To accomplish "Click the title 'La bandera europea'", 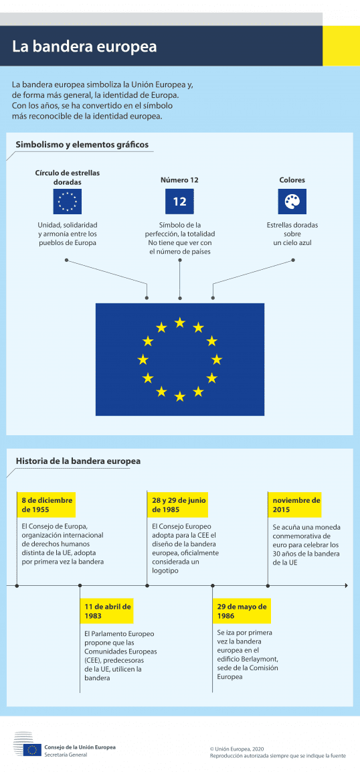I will tap(84, 47).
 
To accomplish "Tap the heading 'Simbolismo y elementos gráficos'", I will tap(82, 145).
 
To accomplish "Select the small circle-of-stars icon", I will tap(67, 202).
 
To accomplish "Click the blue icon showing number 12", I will tap(179, 202).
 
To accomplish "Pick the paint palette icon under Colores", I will tap(292, 202).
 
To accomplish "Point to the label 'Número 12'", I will tap(179, 180).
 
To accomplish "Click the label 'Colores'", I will tap(292, 180).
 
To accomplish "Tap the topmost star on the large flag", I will tap(179, 323).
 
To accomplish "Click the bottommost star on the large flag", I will tap(179, 396).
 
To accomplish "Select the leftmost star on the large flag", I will tap(143, 360).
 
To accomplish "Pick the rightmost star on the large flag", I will tap(217, 360).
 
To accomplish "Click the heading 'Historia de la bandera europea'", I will tap(78, 461).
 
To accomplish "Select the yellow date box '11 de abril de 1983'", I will tap(107, 611).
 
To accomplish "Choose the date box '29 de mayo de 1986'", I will tap(242, 611).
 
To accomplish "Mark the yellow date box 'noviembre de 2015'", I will tap(296, 504).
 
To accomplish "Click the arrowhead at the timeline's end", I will tap(345, 586).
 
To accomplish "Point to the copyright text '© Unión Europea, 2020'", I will tap(237, 749).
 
